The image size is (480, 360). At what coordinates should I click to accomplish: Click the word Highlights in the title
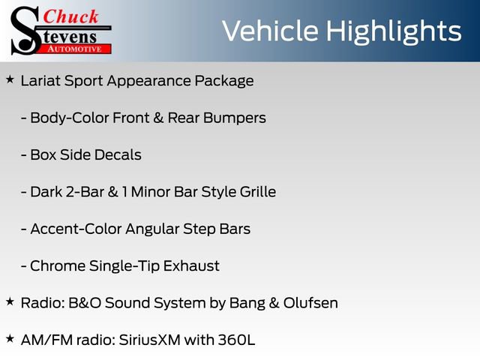[392, 31]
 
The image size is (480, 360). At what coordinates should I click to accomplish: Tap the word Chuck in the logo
[72, 16]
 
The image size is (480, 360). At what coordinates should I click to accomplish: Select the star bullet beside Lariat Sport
[10, 79]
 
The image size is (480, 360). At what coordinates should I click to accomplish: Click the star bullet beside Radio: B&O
[10, 301]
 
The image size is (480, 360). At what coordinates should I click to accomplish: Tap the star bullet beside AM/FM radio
[10, 338]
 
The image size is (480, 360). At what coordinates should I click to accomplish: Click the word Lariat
[38, 80]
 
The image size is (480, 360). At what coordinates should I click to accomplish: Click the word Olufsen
[309, 303]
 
